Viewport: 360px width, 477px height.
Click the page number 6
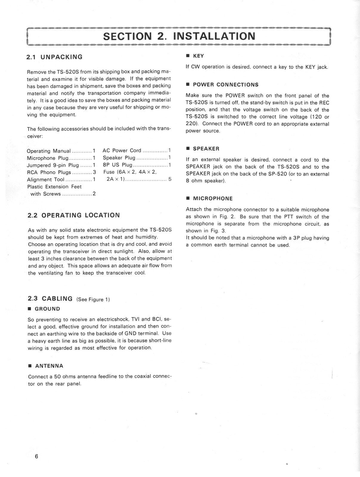(36, 456)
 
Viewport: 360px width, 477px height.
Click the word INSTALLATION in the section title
(214, 36)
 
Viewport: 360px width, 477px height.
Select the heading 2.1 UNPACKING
(55, 57)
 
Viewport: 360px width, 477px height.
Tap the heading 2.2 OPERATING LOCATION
(74, 215)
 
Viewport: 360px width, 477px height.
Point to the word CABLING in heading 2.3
(57, 299)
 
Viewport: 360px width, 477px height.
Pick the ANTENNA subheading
(49, 366)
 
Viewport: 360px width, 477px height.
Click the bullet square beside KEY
(188, 56)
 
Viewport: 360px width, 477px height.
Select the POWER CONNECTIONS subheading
(226, 85)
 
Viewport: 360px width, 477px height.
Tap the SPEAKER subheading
(206, 148)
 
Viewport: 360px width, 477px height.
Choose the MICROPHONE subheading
(213, 198)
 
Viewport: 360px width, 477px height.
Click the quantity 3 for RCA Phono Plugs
(94, 172)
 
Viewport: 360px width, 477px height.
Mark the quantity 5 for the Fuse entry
(170, 179)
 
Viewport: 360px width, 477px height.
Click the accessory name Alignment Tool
(46, 179)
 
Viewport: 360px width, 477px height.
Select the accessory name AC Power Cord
(122, 151)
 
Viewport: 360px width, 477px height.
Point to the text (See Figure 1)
(93, 300)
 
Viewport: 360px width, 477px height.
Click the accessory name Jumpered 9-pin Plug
(53, 165)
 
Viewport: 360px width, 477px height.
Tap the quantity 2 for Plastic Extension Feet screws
(94, 194)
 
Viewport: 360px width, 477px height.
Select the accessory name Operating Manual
(49, 151)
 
